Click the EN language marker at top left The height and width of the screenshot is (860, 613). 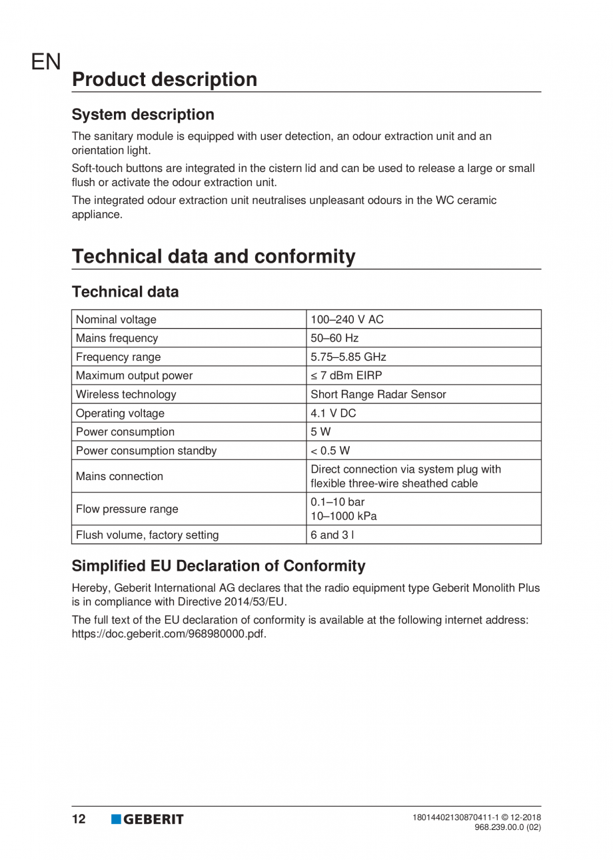click(46, 63)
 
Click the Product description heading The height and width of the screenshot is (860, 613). click(164, 79)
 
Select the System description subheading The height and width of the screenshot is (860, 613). click(143, 115)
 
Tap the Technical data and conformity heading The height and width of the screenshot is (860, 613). click(213, 256)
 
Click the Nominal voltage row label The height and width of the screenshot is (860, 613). click(117, 319)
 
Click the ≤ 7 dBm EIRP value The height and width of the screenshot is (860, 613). click(346, 375)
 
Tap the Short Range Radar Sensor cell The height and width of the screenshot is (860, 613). click(378, 394)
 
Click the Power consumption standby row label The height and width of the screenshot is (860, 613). click(147, 451)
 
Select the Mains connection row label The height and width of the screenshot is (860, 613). click(120, 476)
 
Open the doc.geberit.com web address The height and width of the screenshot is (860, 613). click(169, 633)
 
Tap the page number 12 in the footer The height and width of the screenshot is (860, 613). click(79, 819)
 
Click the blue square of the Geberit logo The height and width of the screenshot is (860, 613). click(116, 819)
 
